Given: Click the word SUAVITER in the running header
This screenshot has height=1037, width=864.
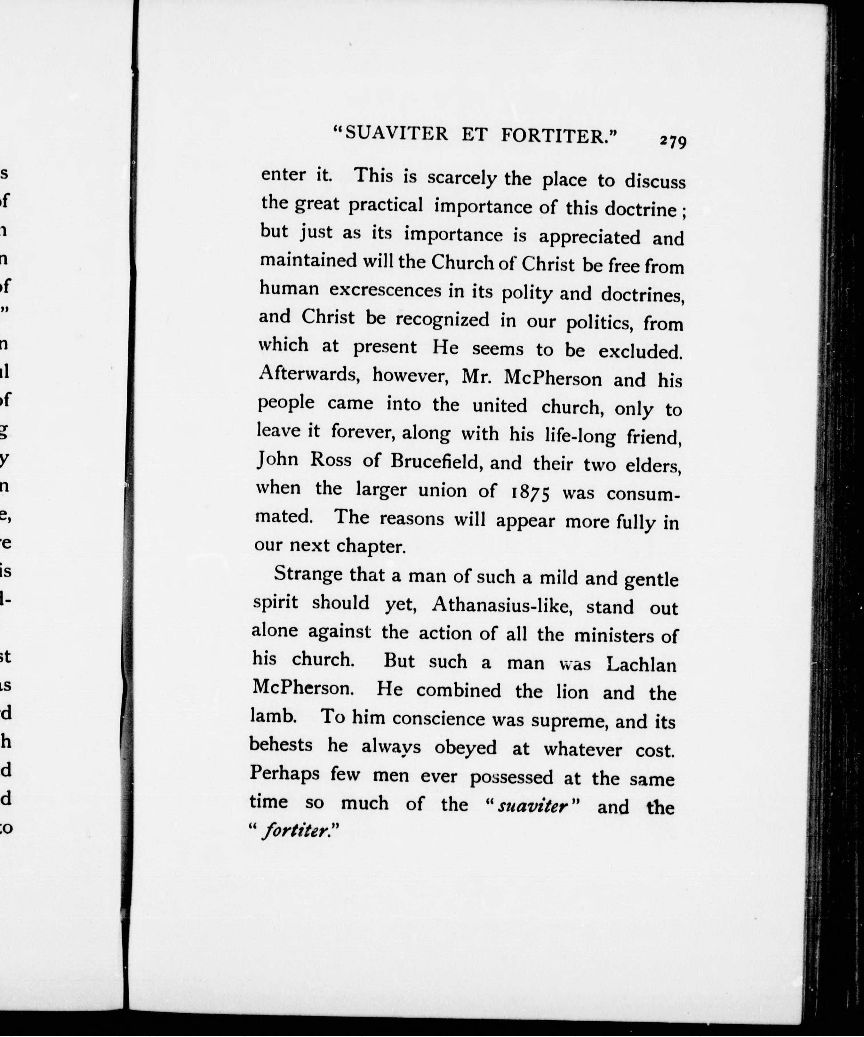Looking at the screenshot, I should (396, 134).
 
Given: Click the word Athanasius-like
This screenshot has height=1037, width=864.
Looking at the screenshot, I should (502, 606).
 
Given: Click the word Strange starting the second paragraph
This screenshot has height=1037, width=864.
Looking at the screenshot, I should (308, 574).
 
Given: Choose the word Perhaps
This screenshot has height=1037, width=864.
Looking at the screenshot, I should (284, 773).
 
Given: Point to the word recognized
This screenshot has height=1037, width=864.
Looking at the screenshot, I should (442, 319).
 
